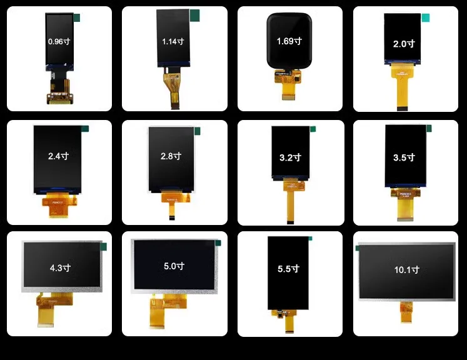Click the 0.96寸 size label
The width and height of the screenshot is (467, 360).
(x=59, y=41)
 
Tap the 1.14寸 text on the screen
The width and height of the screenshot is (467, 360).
(x=173, y=41)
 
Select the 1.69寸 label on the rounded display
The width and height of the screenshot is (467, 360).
(x=289, y=41)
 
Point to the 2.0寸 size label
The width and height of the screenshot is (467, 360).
(x=404, y=44)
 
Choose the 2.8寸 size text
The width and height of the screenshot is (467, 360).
(x=171, y=156)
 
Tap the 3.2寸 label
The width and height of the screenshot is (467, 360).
(x=290, y=157)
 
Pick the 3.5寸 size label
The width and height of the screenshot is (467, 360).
(x=404, y=157)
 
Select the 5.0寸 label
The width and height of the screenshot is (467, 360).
(x=174, y=266)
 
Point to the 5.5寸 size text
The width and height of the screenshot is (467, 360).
(x=288, y=269)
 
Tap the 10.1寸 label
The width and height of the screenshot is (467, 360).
(x=406, y=270)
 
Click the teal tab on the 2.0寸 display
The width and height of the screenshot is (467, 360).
(x=426, y=18)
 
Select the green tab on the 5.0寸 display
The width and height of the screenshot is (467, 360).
(x=218, y=242)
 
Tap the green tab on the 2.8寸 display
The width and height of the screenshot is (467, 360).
(x=198, y=131)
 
